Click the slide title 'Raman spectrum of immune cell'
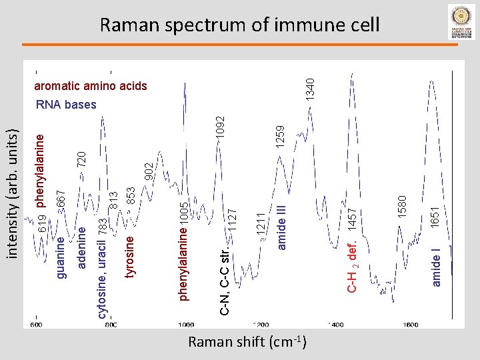[239, 25]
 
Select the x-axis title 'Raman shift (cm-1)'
[247, 343]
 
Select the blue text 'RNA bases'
[66, 105]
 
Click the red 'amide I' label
[436, 267]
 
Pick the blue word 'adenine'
[82, 247]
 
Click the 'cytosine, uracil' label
[102, 274]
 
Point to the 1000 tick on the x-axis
[185, 325]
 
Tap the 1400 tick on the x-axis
[335, 325]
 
